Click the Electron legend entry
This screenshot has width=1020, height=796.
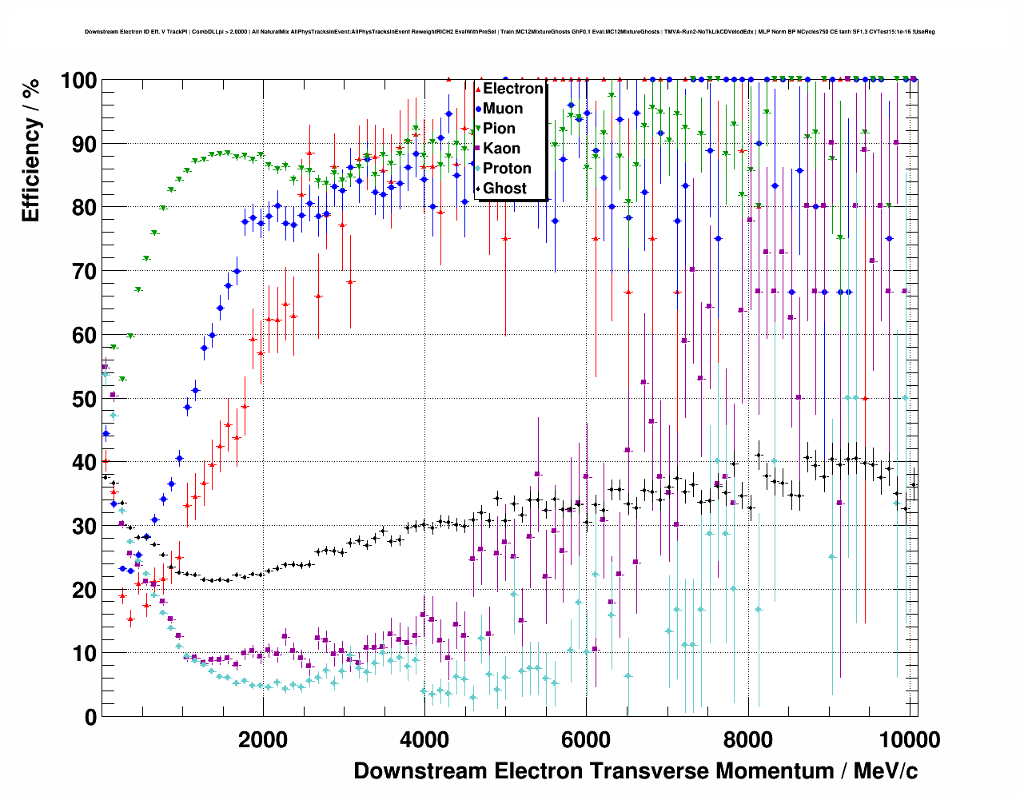tap(512, 89)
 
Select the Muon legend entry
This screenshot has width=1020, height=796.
tap(503, 109)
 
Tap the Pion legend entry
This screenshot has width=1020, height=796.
tap(499, 129)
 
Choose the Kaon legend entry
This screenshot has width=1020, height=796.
tap(501, 149)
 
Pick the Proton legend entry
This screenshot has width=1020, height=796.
tap(507, 169)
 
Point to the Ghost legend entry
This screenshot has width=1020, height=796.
tap(504, 189)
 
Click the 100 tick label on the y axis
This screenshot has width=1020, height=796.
tap(78, 81)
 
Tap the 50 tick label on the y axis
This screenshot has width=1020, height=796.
tap(83, 399)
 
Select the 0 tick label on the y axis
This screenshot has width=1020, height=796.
tap(90, 717)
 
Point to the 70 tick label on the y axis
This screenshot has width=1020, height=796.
tap(83, 272)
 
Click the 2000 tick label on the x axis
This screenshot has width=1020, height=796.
tap(263, 739)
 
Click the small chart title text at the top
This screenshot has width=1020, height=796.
tap(509, 32)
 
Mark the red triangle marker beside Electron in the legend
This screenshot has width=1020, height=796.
tap(478, 89)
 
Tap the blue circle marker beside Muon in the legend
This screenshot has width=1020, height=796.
tap(478, 109)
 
